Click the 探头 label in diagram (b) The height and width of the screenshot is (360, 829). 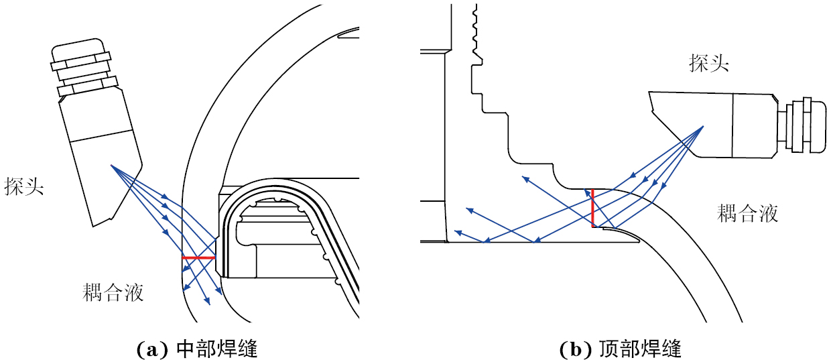tap(709, 64)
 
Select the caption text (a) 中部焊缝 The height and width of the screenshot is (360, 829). tap(197, 349)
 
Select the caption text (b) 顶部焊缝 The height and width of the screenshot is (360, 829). tap(620, 349)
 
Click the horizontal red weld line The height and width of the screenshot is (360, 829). tap(198, 257)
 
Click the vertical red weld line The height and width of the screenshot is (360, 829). tap(592, 208)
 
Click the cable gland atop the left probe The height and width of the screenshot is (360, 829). tap(82, 67)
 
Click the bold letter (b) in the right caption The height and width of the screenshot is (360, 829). tap(574, 349)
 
